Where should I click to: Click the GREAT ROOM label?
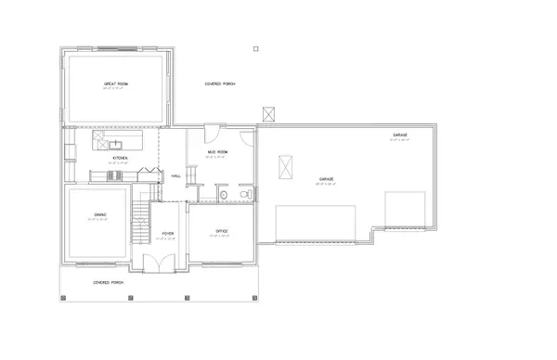click(114, 84)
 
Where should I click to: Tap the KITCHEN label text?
click(120, 159)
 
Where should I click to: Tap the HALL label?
click(175, 175)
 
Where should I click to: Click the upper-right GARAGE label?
click(400, 135)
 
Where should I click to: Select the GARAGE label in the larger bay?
click(327, 178)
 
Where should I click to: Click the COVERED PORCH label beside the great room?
click(220, 84)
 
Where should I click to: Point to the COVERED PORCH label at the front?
click(110, 281)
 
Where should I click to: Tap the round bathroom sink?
click(224, 196)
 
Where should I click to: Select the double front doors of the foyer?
click(162, 263)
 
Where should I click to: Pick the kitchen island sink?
click(115, 145)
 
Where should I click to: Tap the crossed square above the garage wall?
click(270, 114)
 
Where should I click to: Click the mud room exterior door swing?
click(212, 132)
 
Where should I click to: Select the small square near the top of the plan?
click(256, 47)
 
